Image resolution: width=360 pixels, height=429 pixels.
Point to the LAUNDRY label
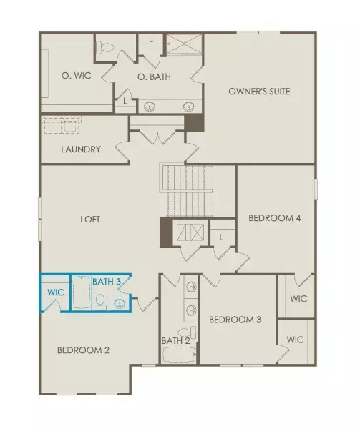coord(81,150)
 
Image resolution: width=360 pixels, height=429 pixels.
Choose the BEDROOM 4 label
coord(274,218)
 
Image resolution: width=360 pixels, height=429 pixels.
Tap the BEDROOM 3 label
coord(235,320)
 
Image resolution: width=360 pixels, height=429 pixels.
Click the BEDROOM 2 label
coord(83,350)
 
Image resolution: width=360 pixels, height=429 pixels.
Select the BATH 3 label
coord(106,282)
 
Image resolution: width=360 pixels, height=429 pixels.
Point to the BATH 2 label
coord(175,340)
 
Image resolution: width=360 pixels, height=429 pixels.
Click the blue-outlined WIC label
coord(57,292)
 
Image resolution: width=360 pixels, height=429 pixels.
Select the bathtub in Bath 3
coord(81,294)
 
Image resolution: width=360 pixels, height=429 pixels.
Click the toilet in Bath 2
coord(185,332)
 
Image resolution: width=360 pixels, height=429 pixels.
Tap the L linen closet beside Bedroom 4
coord(222,237)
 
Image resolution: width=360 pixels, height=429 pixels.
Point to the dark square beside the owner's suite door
coord(194,123)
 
